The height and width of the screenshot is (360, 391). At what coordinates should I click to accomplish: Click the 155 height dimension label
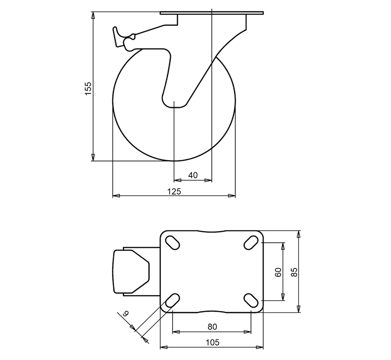87,88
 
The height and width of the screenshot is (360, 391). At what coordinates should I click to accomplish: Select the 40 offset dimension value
192,175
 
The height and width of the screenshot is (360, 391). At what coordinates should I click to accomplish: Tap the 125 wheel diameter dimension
174,191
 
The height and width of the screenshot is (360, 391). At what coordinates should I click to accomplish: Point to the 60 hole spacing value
278,272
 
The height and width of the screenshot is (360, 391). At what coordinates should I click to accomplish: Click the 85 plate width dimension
294,272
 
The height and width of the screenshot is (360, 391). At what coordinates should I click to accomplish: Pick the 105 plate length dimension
212,342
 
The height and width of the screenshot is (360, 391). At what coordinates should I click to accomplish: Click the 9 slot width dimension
125,314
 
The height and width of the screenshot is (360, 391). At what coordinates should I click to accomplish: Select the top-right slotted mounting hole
251,241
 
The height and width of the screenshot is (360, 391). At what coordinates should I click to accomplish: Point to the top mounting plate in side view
212,13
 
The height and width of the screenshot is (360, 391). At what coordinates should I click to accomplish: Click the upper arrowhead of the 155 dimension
93,16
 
